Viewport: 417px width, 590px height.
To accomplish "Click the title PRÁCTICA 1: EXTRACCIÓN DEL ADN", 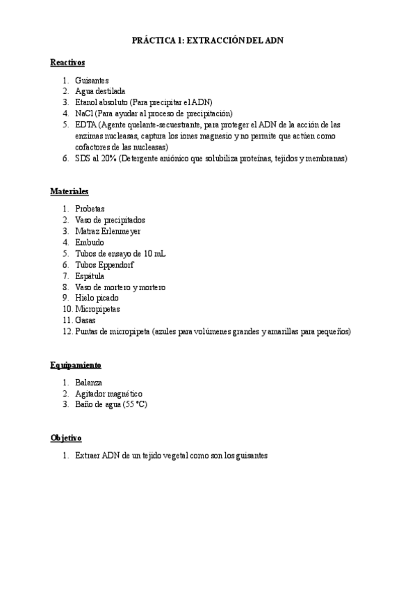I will coord(208,42).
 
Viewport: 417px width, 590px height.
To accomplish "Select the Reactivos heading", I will coord(67,63).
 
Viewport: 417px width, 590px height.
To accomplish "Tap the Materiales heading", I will coord(69,191).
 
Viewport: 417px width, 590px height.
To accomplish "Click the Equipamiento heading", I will coord(76,365).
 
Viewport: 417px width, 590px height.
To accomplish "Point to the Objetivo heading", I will coord(66,438).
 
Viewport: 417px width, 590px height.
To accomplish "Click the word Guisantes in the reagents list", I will coord(92,81).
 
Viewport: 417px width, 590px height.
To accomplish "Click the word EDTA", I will coord(87,125).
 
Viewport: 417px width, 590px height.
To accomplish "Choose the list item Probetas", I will coord(90,209).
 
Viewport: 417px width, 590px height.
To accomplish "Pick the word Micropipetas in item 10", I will coord(98,310).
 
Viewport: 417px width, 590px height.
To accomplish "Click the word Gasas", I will coord(85,321).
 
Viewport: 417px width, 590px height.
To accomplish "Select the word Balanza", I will coord(89,383).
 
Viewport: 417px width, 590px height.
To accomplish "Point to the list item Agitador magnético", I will coord(109,394).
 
